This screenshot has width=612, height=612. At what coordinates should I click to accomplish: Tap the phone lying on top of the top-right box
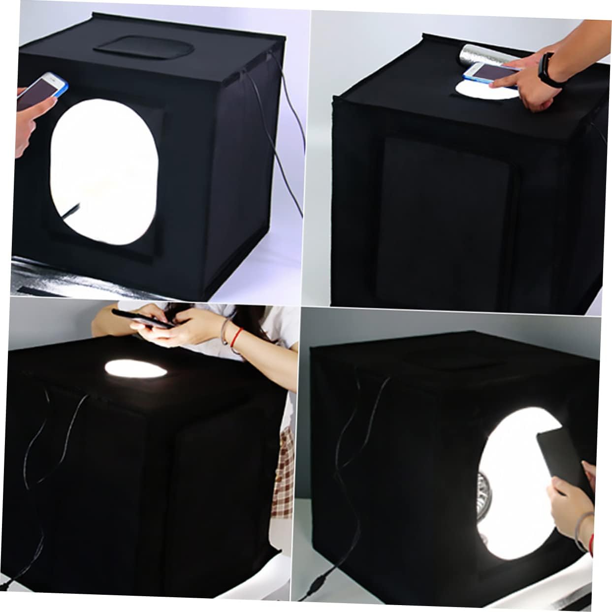point(490,72)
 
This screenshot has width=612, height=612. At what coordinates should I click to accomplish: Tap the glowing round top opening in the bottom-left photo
point(136,368)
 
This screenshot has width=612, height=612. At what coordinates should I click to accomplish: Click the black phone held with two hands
point(143,319)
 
